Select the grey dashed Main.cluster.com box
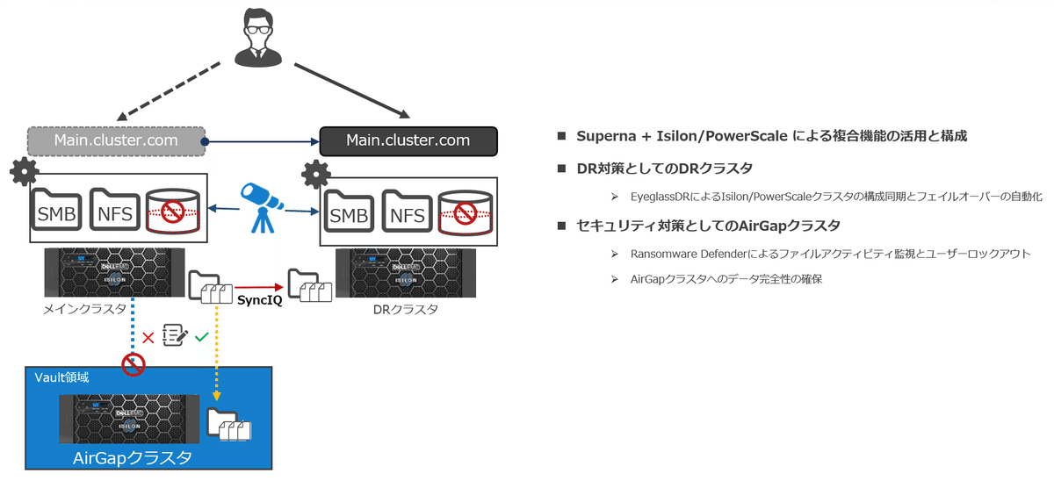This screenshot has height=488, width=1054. (116, 140)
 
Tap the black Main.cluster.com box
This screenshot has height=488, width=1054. (408, 140)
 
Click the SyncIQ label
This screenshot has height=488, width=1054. (260, 299)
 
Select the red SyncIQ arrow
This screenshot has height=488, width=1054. (260, 287)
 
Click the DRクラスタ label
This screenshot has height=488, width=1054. (404, 310)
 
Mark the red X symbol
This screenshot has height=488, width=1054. (148, 336)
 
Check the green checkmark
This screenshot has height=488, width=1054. (202, 336)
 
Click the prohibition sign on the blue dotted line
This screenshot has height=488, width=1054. (133, 363)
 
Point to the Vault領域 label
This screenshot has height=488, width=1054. (61, 377)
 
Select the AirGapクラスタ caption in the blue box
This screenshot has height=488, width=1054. (133, 457)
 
